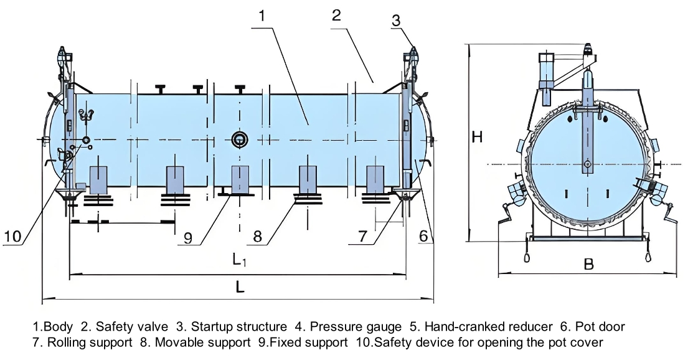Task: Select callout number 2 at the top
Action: (x=336, y=16)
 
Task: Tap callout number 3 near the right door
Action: (x=396, y=20)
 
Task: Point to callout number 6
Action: (x=423, y=235)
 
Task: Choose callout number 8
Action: (x=258, y=236)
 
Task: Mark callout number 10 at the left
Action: (x=14, y=236)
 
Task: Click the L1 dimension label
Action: (x=240, y=260)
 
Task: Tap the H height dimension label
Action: (x=477, y=137)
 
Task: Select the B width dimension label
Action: (x=588, y=264)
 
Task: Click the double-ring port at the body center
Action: (x=238, y=140)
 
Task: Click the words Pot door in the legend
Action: (x=600, y=326)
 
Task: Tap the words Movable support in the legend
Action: (x=199, y=342)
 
